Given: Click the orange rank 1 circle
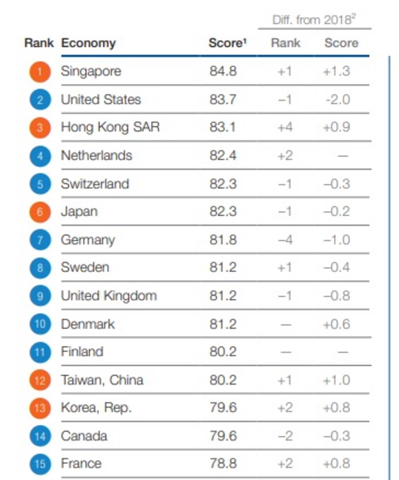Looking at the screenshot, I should click(x=40, y=72).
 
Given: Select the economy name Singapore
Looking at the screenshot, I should click(x=91, y=71).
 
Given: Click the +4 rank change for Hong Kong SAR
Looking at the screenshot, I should click(x=285, y=127).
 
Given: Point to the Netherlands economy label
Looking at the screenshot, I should click(x=96, y=156).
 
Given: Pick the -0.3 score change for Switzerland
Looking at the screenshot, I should click(x=337, y=184).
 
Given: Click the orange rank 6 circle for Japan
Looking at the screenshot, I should click(x=40, y=212).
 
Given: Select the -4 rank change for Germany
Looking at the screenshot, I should click(x=285, y=240).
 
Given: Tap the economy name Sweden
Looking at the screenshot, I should click(x=85, y=268).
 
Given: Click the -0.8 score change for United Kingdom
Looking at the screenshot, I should click(x=337, y=296).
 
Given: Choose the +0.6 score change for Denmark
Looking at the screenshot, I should click(x=337, y=324).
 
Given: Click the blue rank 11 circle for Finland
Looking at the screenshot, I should click(x=40, y=352).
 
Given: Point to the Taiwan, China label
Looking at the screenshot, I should click(x=102, y=380).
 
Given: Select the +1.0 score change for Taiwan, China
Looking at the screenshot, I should click(x=337, y=380).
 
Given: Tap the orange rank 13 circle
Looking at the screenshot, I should click(x=40, y=408).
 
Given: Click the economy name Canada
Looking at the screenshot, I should click(x=84, y=436).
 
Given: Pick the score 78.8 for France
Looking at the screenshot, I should click(x=222, y=464).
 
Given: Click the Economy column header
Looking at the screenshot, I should click(x=88, y=43).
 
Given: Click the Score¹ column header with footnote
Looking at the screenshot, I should click(x=228, y=43).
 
